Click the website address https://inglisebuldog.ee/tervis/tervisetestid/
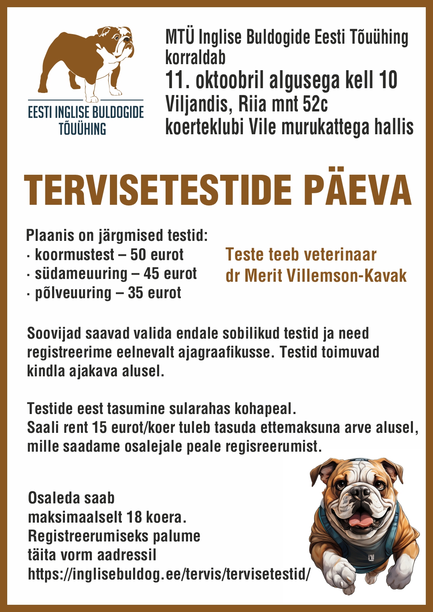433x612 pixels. point(169,574)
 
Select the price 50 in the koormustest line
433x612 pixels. point(138,255)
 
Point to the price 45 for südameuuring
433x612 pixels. point(152,274)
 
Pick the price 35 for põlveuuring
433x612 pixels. point(136,293)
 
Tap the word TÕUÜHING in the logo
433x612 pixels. point(82,129)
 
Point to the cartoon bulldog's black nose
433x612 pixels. point(360,492)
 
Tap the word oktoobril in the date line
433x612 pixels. point(229,80)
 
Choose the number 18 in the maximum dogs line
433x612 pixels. point(134,517)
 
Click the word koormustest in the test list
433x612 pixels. point(75,255)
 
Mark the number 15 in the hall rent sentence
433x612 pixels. point(99,428)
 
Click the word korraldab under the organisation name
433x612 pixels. point(195,58)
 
